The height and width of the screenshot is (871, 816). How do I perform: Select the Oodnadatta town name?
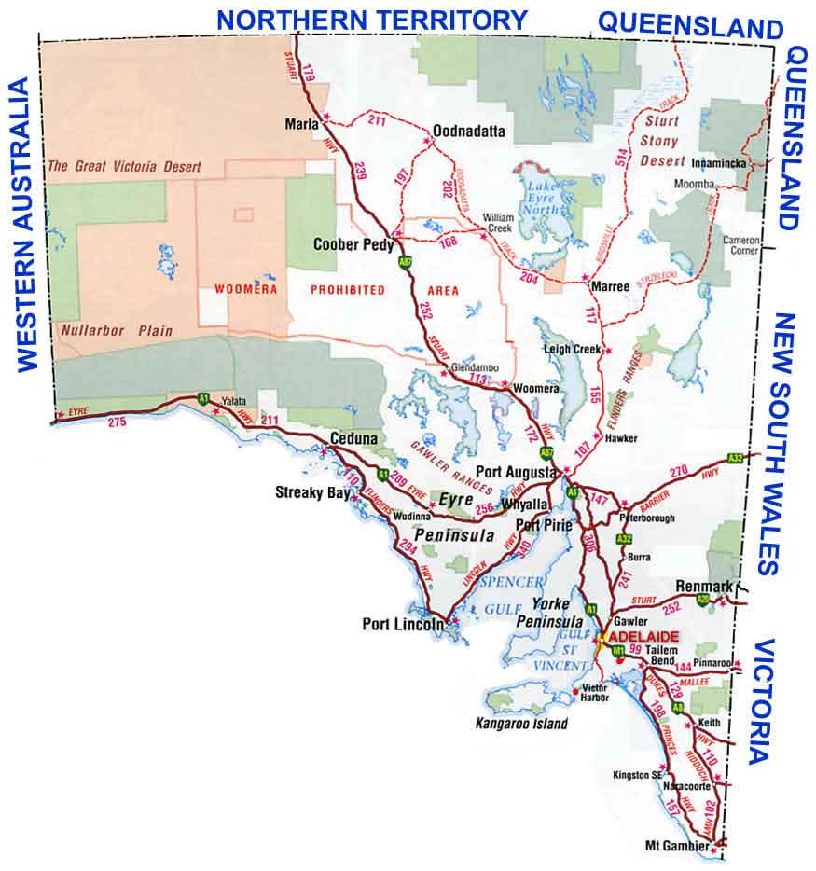[468, 132]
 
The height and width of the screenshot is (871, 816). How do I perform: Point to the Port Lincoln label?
[402, 625]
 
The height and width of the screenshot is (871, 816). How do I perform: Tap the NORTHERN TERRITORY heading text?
[372, 18]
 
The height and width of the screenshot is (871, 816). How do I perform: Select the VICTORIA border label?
[765, 701]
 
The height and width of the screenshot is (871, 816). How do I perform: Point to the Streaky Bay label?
[310, 491]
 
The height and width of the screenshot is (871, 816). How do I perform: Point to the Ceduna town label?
[353, 438]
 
